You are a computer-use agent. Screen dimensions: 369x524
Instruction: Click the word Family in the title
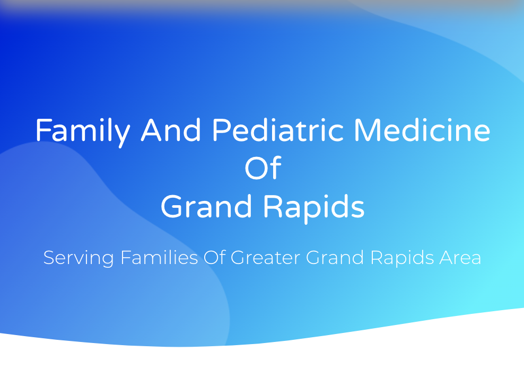pos(82,131)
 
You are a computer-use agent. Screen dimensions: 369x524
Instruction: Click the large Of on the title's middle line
pos(262,169)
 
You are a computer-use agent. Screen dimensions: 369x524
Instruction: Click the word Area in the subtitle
pos(460,258)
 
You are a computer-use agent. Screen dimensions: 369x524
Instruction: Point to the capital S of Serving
pos(49,258)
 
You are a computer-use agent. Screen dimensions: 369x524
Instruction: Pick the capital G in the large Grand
pos(171,207)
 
